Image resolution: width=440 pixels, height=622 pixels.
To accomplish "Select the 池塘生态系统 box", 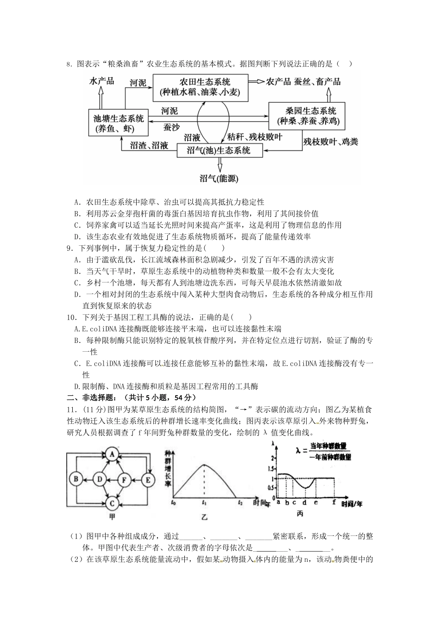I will (118, 123).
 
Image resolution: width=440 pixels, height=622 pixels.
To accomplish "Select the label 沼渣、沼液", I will (149, 146).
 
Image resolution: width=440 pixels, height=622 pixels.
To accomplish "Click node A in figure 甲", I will (112, 454).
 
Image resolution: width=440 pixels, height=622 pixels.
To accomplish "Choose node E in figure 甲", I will (148, 479).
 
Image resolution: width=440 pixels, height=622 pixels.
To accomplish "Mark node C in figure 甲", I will (112, 503).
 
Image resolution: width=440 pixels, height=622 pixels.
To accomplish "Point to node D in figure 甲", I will (99, 479).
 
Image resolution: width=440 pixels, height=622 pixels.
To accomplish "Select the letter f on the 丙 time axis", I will (334, 502).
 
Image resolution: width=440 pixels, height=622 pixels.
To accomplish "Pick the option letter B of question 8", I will (77, 214).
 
